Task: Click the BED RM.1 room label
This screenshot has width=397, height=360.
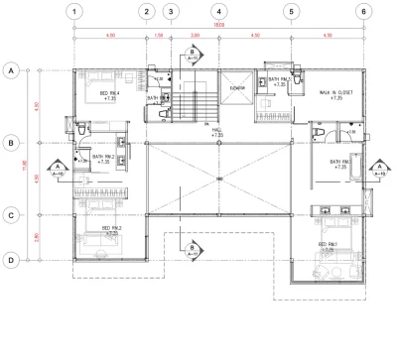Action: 329,244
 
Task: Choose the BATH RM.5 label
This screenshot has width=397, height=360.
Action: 278,82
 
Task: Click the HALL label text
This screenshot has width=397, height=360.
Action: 217,131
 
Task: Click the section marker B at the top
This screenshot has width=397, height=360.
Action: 193,53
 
